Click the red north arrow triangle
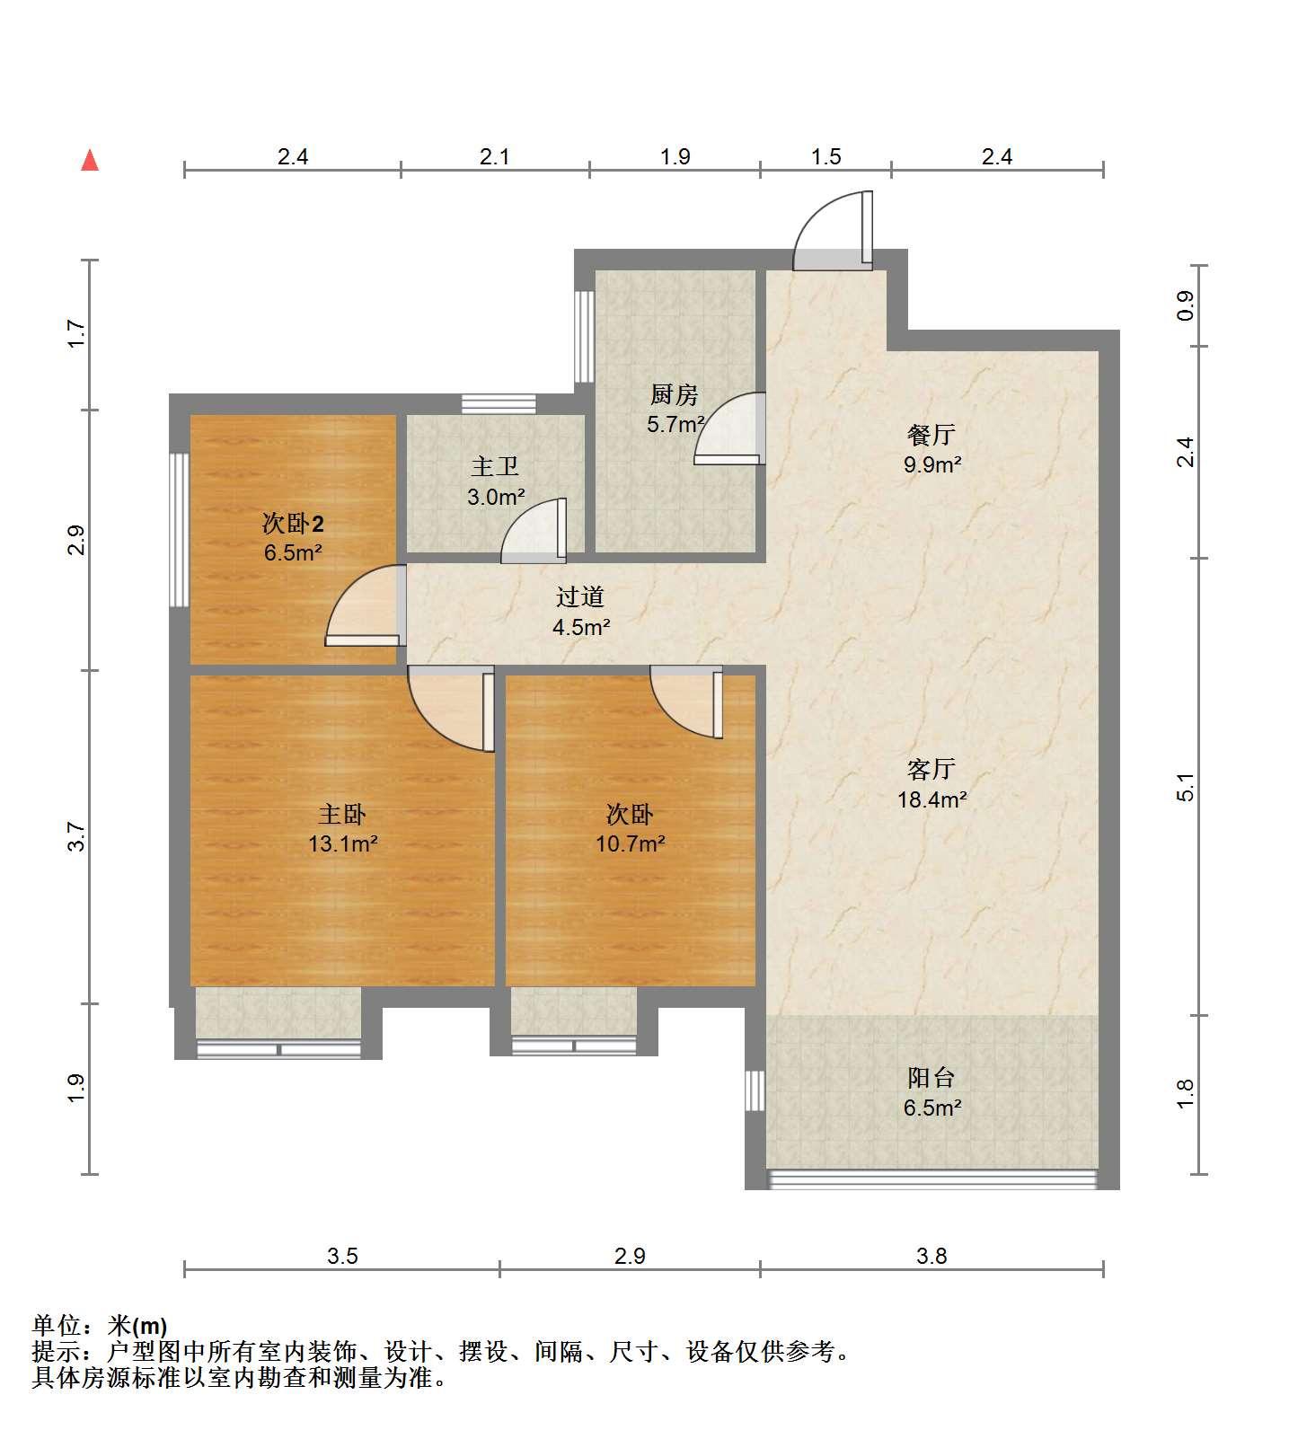(90, 160)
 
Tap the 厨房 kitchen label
(674, 394)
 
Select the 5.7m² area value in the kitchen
(675, 424)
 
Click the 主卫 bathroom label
(495, 466)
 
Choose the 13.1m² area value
(342, 843)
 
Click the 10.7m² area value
(631, 843)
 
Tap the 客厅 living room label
(931, 770)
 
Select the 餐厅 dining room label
(931, 435)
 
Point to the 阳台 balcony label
(931, 1078)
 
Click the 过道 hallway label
(580, 597)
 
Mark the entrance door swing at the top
(833, 231)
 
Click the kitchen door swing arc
(729, 428)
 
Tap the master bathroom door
(534, 531)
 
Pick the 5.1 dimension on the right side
(1187, 787)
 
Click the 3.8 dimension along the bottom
(931, 1256)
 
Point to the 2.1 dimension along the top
(495, 157)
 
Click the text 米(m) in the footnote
(137, 1325)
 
